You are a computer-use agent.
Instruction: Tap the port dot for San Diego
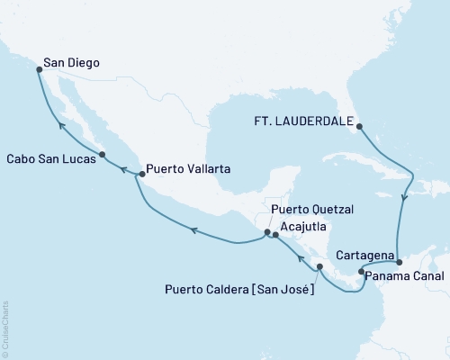click(38, 67)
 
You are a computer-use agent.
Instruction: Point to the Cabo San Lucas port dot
click(102, 154)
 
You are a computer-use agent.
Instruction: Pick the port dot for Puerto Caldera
click(319, 266)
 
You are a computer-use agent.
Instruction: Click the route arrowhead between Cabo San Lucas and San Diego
click(61, 127)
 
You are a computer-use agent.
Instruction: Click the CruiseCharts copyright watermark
click(5, 328)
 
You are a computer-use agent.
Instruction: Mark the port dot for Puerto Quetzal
click(266, 232)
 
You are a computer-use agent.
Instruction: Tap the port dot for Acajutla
click(275, 235)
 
